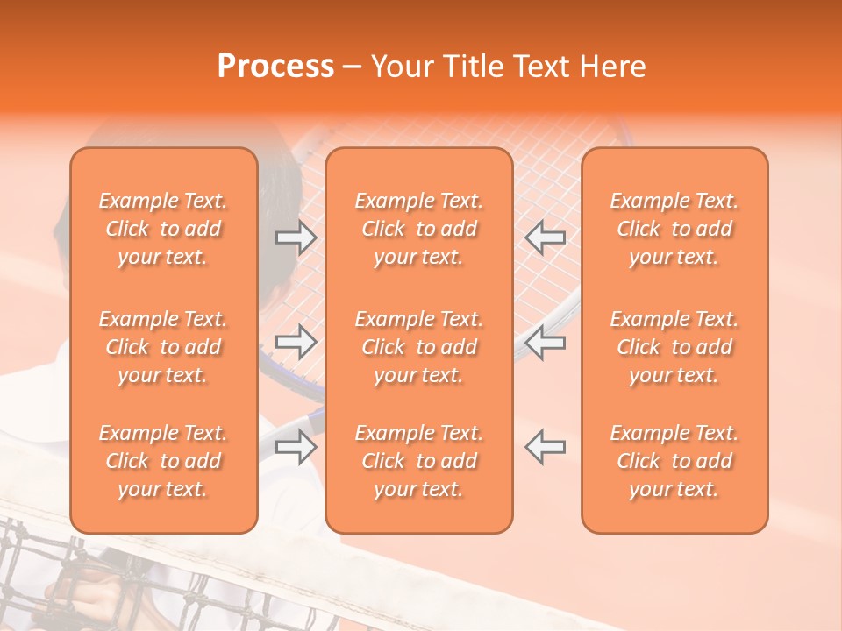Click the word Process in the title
pyautogui.click(x=275, y=67)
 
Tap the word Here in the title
pyautogui.click(x=611, y=67)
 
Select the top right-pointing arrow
pyautogui.click(x=296, y=238)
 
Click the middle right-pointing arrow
pyautogui.click(x=296, y=342)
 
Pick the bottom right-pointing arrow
pyautogui.click(x=296, y=447)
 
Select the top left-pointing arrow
pyautogui.click(x=546, y=238)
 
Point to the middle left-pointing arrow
pyautogui.click(x=546, y=342)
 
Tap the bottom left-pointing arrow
pyautogui.click(x=546, y=447)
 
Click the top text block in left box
pyautogui.click(x=163, y=229)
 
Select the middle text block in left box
pyautogui.click(x=163, y=347)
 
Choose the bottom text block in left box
pyautogui.click(x=163, y=461)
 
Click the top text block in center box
pyautogui.click(x=419, y=229)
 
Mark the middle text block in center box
pyautogui.click(x=419, y=347)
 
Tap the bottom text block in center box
pyautogui.click(x=419, y=461)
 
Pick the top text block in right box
pyautogui.click(x=674, y=229)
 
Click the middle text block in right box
pyautogui.click(x=674, y=347)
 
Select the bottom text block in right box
pyautogui.click(x=674, y=461)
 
